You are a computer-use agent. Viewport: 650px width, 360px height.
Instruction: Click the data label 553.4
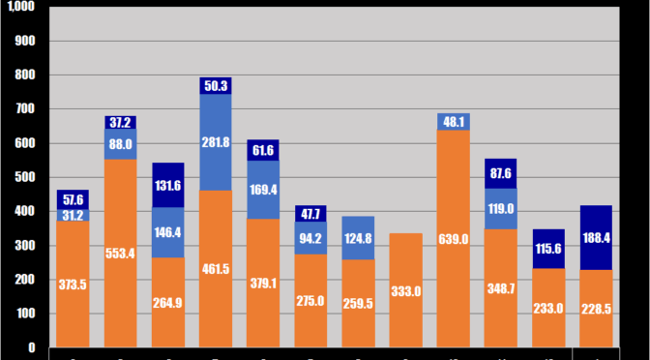(121, 253)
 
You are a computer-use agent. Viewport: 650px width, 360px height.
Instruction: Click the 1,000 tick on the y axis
(19, 8)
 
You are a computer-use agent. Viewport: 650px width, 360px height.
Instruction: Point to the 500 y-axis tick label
(25, 177)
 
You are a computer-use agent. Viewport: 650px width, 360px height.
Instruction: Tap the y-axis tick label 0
(31, 347)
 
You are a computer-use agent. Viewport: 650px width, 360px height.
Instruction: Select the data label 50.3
(216, 86)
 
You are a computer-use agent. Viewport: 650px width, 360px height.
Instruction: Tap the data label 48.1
(454, 122)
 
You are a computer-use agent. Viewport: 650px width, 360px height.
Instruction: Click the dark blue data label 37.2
(121, 123)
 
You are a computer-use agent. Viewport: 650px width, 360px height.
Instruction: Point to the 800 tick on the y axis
(25, 75)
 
